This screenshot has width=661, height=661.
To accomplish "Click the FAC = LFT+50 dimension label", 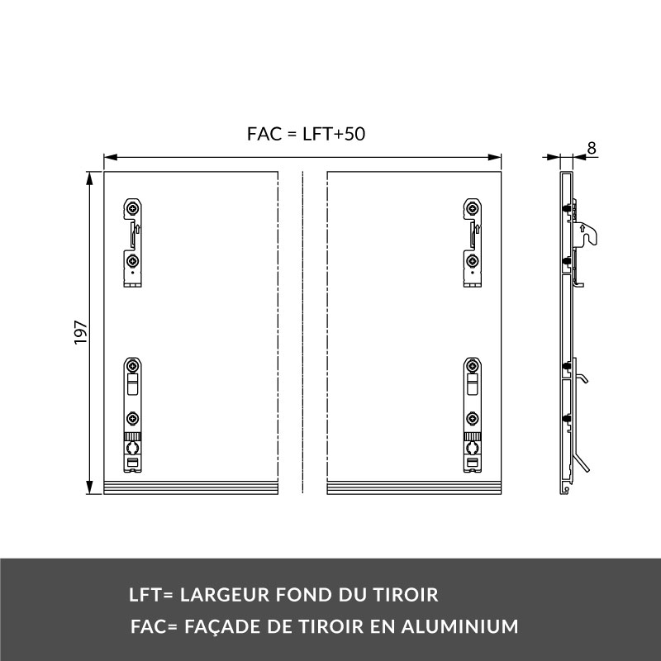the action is [x=306, y=134].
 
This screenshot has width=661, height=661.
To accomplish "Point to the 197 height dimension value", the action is [x=80, y=333].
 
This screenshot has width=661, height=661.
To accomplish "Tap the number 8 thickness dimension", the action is [x=592, y=149].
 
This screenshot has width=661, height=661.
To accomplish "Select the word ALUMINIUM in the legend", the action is [x=459, y=626].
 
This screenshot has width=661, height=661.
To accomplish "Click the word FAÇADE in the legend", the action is [x=222, y=627].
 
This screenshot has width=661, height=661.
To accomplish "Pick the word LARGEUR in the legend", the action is [x=225, y=595].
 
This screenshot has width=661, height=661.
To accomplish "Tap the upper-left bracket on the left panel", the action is [x=133, y=243].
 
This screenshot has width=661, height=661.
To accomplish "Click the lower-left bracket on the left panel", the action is [x=133, y=415].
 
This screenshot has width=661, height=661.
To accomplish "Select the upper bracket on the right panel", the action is [x=473, y=243].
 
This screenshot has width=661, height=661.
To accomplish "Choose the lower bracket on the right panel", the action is [x=473, y=415].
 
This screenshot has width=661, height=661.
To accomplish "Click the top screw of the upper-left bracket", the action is [x=133, y=208].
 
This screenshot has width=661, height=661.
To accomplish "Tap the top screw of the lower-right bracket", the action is [x=473, y=365].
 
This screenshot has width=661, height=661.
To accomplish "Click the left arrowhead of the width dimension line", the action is [x=111, y=157].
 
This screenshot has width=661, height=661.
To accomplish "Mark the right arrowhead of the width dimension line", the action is [x=494, y=157].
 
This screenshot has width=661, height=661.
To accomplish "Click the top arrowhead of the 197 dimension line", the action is [x=89, y=178].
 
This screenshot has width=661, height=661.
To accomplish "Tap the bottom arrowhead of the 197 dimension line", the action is [x=89, y=487].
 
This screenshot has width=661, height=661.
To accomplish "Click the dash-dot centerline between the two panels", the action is [x=302, y=333].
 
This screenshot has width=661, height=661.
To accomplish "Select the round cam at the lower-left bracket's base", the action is [x=133, y=447].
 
